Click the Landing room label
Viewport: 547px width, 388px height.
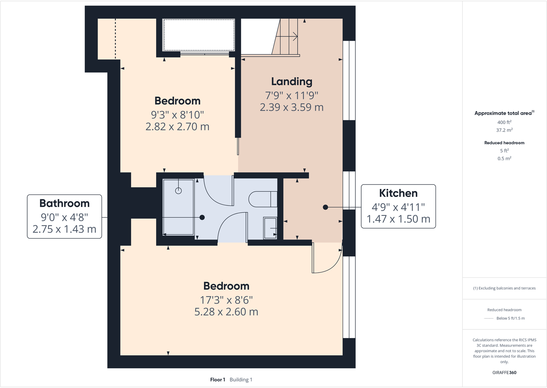pyautogui.click(x=291, y=82)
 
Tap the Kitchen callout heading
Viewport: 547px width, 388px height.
pyautogui.click(x=398, y=193)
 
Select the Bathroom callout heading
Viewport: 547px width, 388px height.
pyautogui.click(x=64, y=203)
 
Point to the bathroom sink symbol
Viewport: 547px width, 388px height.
pyautogui.click(x=270, y=228)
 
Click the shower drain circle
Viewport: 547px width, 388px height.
pyautogui.click(x=178, y=191)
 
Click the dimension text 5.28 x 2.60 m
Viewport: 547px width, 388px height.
pyautogui.click(x=226, y=312)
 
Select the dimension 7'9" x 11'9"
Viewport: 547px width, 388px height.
pyautogui.click(x=291, y=95)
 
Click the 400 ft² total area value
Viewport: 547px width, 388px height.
pyautogui.click(x=504, y=122)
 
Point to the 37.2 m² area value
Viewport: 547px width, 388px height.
pyautogui.click(x=504, y=130)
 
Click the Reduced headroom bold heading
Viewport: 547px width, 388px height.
pyautogui.click(x=504, y=143)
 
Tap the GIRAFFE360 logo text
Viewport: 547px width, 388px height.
pyautogui.click(x=504, y=373)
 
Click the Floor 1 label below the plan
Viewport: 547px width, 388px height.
pyautogui.click(x=217, y=380)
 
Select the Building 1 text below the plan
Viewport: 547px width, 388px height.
pyautogui.click(x=241, y=380)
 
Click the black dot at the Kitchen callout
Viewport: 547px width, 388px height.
pyautogui.click(x=325, y=207)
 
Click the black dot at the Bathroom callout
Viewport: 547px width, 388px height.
pyautogui.click(x=202, y=217)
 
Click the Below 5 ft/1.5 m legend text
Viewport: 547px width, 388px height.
pyautogui.click(x=511, y=318)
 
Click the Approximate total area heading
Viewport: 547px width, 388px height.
pyautogui.click(x=503, y=113)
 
